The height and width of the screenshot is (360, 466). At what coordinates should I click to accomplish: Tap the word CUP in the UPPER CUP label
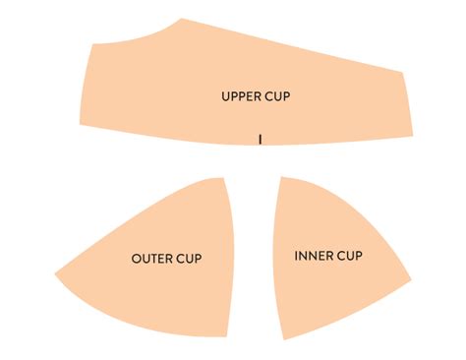pos(278,96)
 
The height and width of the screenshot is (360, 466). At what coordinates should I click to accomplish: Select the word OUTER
pos(151,259)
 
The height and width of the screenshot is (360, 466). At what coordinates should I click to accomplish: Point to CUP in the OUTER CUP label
pos(189,259)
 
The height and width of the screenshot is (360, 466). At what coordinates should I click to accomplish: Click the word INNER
pos(314,257)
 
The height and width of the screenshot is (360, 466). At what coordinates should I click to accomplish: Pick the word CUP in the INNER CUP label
pos(350,257)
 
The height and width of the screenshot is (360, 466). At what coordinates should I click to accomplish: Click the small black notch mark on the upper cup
pos(260,139)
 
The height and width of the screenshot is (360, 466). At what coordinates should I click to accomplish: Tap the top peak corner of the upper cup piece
pos(182,19)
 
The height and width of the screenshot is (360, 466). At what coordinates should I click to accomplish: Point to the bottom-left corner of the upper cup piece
pos(81,125)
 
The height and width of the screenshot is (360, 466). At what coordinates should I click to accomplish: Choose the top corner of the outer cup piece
pos(225,178)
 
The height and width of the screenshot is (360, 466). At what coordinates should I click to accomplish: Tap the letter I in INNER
pos(297,257)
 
